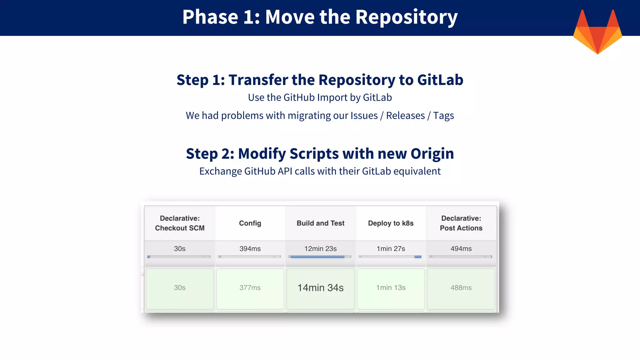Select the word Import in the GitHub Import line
pos(332,98)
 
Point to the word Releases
pos(405,116)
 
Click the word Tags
pos(443,116)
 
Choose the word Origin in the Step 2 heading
pos(432,154)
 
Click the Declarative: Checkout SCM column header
pos(180,223)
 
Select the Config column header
pos(250,223)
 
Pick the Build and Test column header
pos(320,223)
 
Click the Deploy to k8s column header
pos(391,223)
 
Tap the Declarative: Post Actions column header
pos(461,223)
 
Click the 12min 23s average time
pos(320,249)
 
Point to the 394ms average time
pos(250,249)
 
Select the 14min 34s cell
pos(320,288)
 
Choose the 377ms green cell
pos(250,288)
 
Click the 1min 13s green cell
pos(391,288)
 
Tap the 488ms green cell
pos(461,288)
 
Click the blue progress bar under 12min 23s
pos(317,257)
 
